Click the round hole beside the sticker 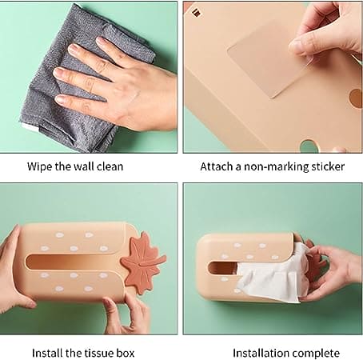(355, 98)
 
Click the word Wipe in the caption (41, 166)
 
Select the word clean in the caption (108, 166)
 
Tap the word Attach (217, 166)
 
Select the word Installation (259, 353)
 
